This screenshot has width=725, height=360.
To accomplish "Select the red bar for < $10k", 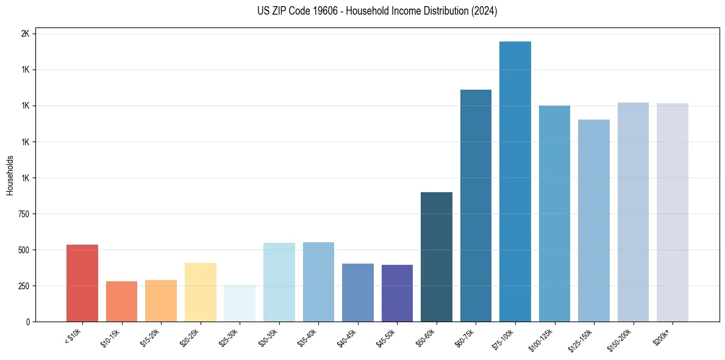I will point(82,283).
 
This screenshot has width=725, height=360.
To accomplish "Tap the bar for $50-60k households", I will point(437,257).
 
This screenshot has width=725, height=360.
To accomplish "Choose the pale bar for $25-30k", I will point(240,303).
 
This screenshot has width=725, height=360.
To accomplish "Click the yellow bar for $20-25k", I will point(201,292).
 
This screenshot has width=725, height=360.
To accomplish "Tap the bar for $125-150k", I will point(594,220).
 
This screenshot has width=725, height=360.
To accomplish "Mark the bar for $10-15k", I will point(122,301).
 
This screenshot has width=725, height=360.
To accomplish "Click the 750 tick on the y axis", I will point(24,214).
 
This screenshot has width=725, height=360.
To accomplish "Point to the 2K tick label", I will point(25,34).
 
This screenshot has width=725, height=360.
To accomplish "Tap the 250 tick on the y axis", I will point(24,286).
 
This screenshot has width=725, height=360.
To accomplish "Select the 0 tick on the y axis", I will point(27,322).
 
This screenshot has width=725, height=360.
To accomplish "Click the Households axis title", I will point(10,175).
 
